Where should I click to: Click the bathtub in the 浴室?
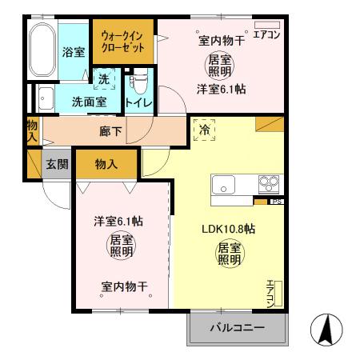tap(42, 50)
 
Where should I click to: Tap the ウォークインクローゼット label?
tap(122, 42)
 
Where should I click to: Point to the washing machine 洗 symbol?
tap(104, 79)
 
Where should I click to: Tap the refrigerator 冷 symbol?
tap(204, 127)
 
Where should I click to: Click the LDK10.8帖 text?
tap(228, 229)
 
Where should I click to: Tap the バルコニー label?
tap(236, 328)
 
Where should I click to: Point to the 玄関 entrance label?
tap(56, 164)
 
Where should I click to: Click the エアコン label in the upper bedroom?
tap(266, 35)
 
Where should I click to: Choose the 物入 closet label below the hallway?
tap(106, 164)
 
